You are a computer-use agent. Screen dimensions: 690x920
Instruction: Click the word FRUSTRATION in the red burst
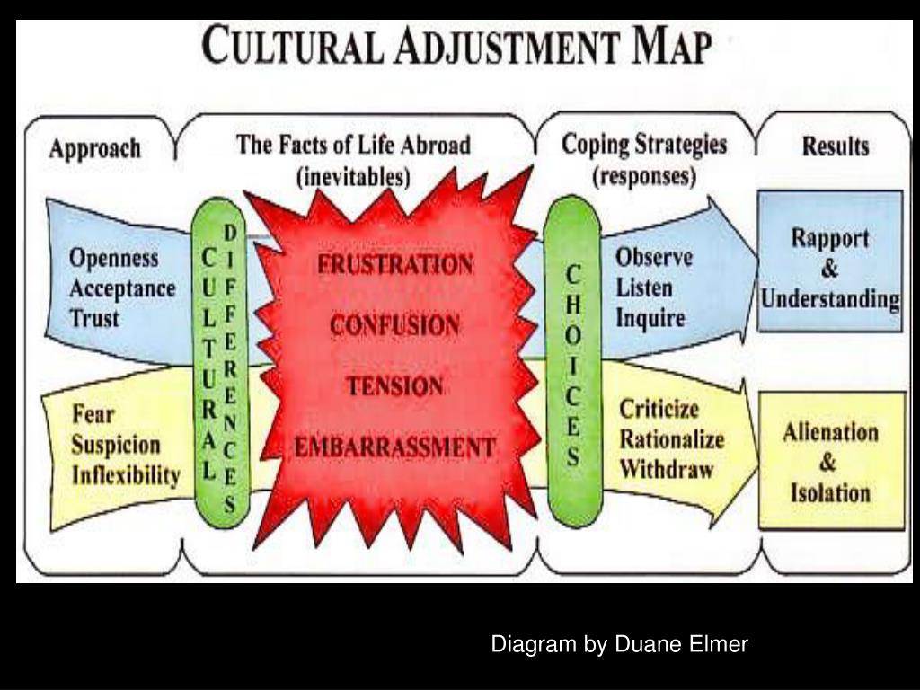[395, 265]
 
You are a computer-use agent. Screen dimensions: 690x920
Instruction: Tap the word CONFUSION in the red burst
[395, 325]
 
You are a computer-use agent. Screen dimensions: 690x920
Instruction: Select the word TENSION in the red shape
[395, 386]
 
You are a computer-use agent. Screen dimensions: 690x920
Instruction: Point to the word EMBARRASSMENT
[395, 447]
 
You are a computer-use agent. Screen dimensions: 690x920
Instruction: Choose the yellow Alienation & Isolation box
[830, 462]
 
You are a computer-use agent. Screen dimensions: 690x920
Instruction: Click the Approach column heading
[95, 148]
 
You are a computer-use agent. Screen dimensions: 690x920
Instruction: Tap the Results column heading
[835, 146]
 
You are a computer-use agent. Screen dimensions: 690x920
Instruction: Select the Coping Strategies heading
[644, 145]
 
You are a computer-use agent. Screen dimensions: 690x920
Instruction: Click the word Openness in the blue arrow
[114, 259]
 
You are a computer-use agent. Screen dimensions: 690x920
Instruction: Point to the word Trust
[94, 318]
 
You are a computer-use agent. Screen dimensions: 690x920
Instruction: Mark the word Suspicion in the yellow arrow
[116, 446]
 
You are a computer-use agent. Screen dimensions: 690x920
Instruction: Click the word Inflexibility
[126, 475]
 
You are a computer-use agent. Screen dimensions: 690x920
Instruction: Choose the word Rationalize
[671, 439]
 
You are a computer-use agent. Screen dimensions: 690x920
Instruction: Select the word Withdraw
[666, 469]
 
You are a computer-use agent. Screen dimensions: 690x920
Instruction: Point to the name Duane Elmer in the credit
[681, 643]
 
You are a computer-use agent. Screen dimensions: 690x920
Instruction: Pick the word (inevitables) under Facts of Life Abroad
[353, 176]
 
